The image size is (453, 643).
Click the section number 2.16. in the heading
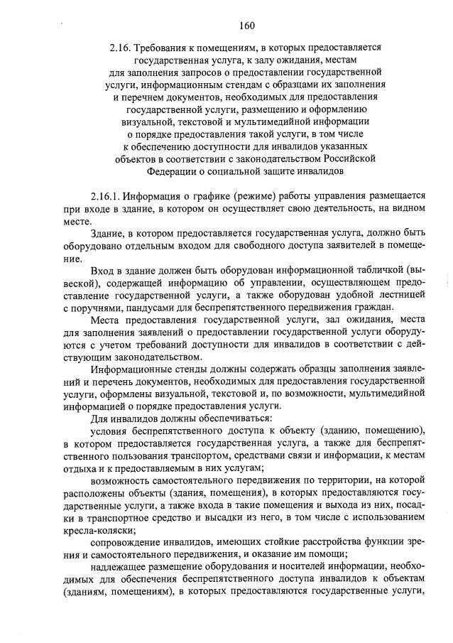[123, 46]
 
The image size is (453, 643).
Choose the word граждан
[371, 308]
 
